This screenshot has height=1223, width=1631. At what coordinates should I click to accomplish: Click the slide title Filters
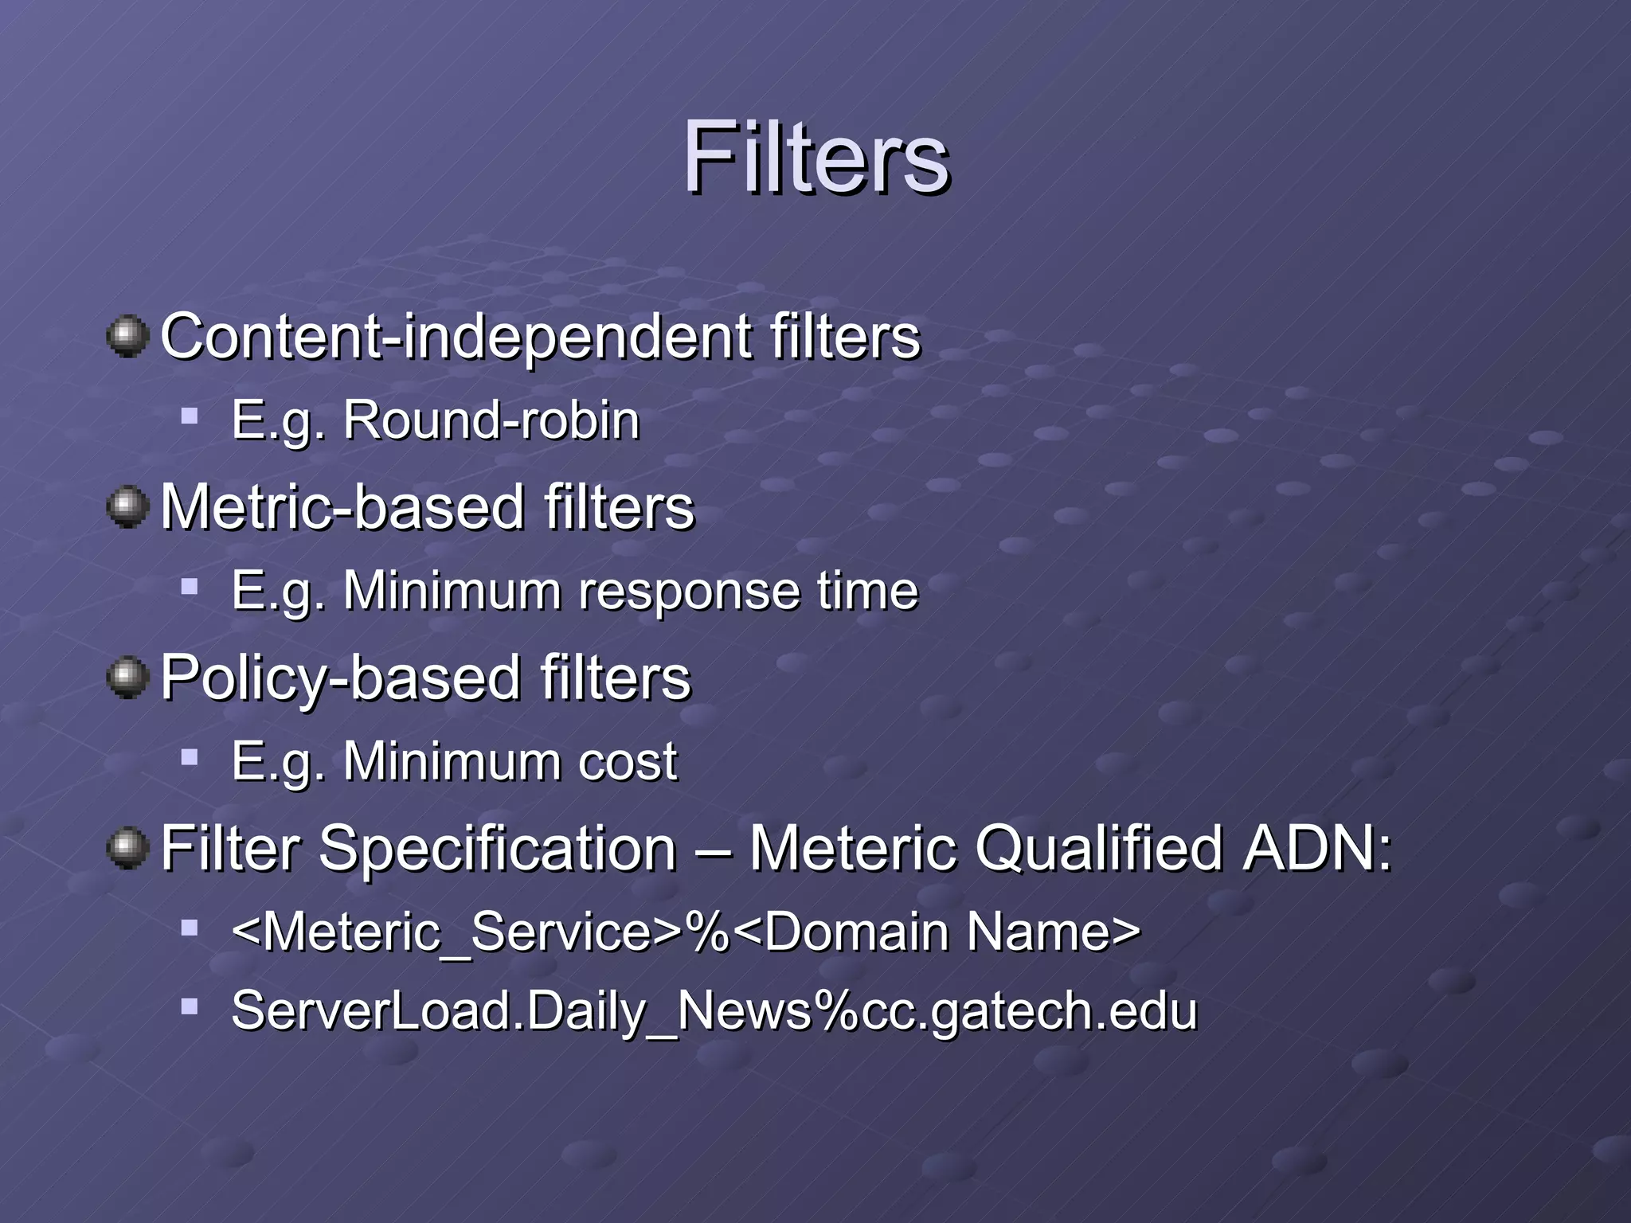coord(815,157)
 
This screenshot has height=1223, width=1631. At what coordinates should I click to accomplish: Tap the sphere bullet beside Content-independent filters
coord(127,336)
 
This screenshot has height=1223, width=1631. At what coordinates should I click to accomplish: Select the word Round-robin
coord(491,420)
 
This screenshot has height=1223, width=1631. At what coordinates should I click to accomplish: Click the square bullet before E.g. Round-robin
coord(190,416)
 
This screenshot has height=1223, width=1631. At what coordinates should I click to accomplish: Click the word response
coord(687,592)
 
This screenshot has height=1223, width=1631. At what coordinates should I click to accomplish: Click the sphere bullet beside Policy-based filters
coord(127,678)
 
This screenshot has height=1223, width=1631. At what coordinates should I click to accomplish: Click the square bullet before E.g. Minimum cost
coord(190,757)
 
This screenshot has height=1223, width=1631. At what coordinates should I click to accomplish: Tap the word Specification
coord(498,849)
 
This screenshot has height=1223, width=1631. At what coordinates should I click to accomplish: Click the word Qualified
coord(1098,849)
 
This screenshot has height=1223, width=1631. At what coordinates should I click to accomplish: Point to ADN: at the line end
coord(1318,849)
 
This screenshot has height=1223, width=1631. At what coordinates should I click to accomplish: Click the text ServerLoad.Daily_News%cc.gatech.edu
coord(714,1011)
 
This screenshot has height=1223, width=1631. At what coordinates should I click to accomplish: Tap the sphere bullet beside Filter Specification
coord(127,848)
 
